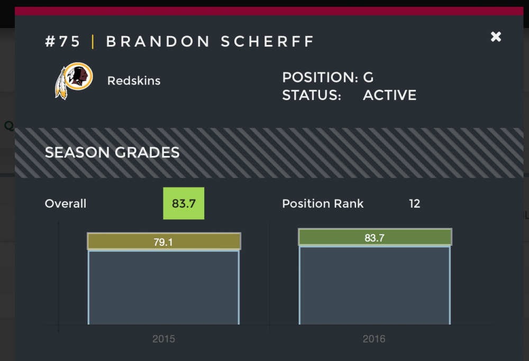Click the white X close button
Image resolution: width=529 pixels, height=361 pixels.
coord(496,36)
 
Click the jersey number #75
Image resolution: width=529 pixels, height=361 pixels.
coord(63,42)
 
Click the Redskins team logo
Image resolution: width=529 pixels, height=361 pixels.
coord(74,81)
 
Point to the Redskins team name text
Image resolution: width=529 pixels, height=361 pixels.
coord(134,81)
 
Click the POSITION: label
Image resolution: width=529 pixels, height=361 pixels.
coord(320,78)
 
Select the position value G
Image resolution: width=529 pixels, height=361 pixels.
coord(368,78)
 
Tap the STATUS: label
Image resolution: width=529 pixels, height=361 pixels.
coord(311,96)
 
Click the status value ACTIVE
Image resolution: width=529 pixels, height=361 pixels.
coord(389,96)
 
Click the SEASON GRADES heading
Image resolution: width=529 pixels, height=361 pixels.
coord(112,153)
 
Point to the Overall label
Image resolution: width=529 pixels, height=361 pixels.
coord(66,204)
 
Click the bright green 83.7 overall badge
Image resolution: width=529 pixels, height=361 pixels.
coord(184,203)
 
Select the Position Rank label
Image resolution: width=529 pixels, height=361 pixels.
coord(323,204)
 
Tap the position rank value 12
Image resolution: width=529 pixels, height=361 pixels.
coord(414,204)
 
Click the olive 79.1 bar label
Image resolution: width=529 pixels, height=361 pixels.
coord(163,242)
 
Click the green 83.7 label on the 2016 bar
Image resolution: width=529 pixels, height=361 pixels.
coord(375,237)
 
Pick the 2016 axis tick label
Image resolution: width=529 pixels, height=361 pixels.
coord(375,339)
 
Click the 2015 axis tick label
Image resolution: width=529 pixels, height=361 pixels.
coord(163,339)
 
